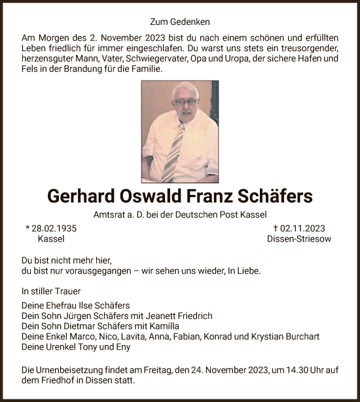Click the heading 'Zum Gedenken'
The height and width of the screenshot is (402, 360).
pyautogui.click(x=179, y=22)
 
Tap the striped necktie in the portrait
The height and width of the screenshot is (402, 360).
pyautogui.click(x=175, y=153)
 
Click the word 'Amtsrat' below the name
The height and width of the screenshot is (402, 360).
pyautogui.click(x=111, y=214)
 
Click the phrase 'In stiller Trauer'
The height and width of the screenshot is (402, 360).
pyautogui.click(x=51, y=290)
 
